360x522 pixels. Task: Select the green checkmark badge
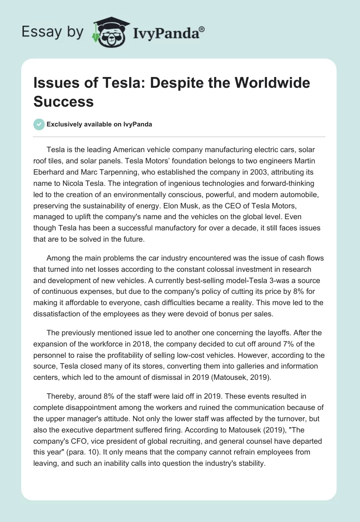pos(39,124)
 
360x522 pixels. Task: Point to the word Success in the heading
pos(63,101)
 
